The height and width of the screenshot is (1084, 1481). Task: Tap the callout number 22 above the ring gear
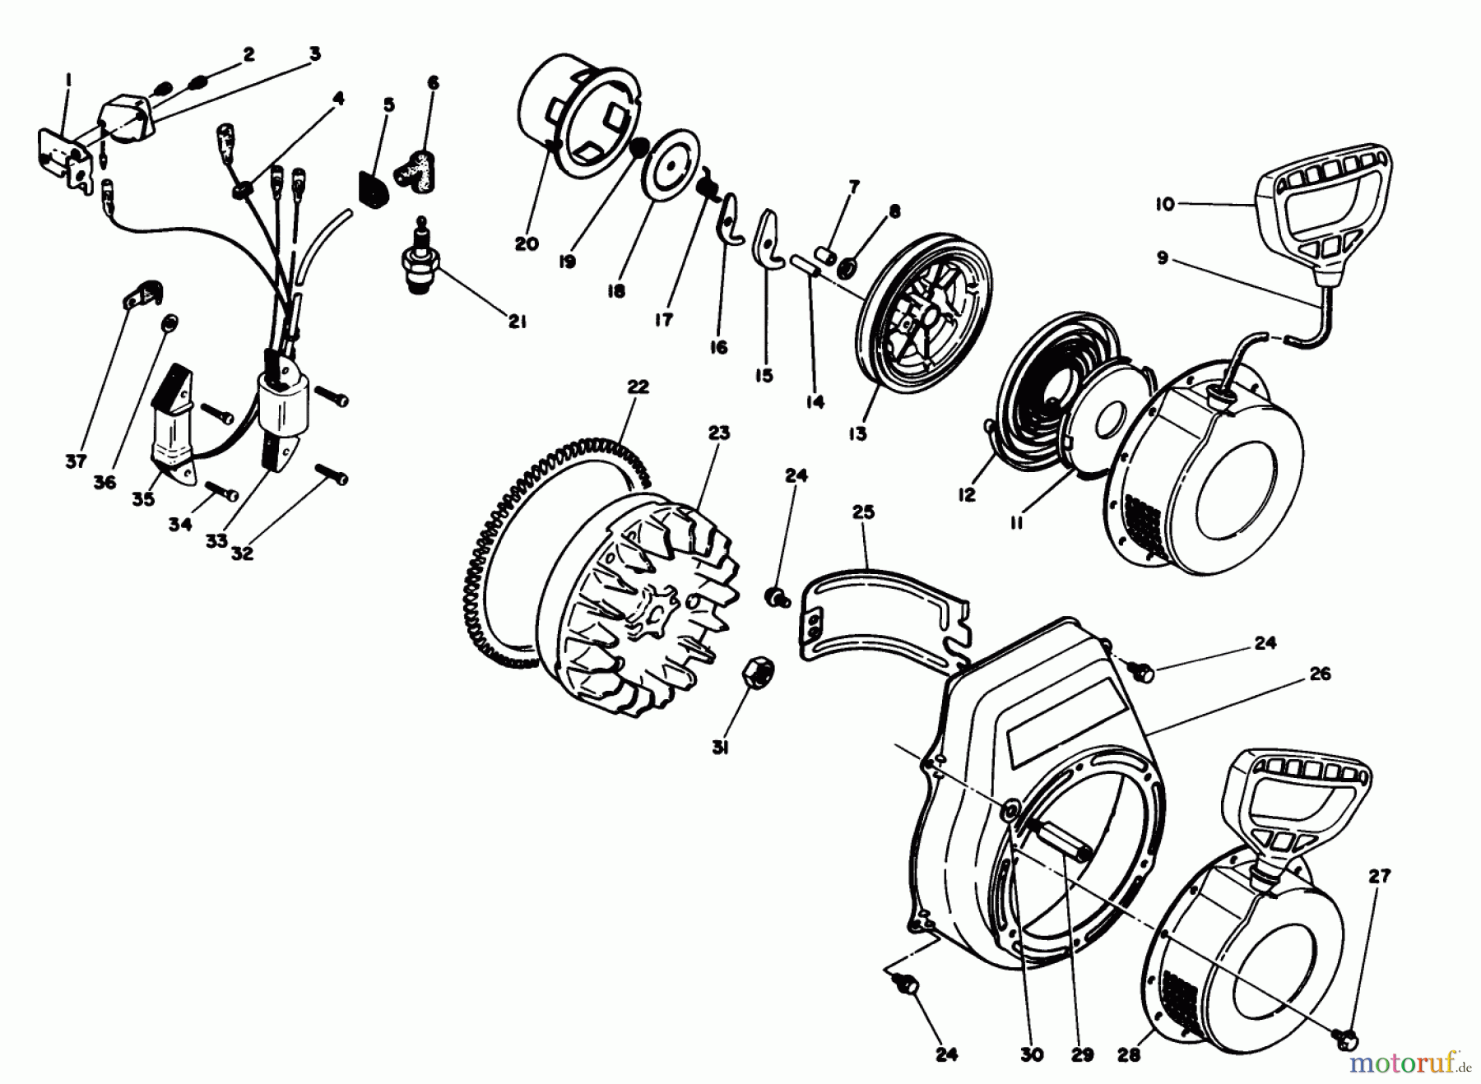point(637,387)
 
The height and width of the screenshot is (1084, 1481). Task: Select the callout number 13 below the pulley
point(858,434)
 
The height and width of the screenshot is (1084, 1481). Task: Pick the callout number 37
point(76,462)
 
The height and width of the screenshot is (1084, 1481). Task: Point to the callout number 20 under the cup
point(527,244)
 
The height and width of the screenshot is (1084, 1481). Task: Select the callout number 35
point(143,499)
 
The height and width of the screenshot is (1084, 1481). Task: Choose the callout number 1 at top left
point(68,80)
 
